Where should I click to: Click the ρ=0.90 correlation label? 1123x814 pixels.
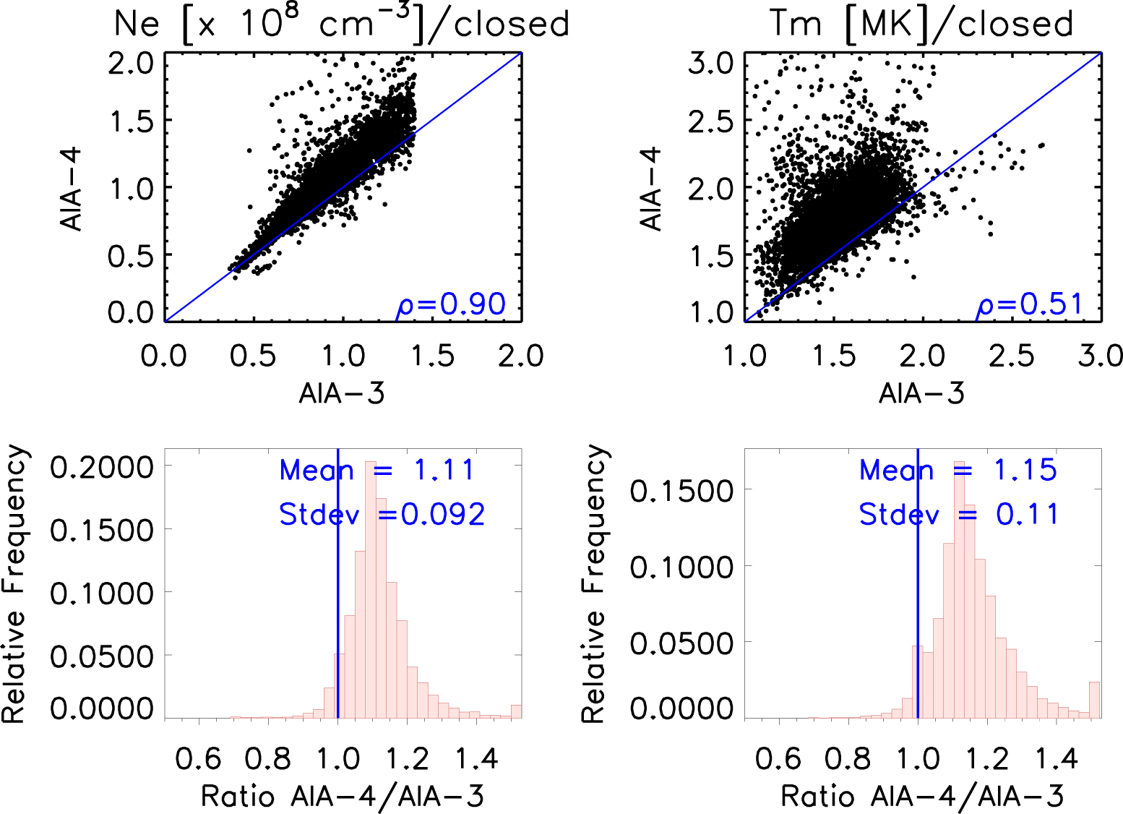[452, 305]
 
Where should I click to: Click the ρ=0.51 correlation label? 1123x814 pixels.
[1031, 305]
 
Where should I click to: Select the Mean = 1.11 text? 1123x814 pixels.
[377, 470]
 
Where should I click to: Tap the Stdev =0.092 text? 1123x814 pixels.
[382, 514]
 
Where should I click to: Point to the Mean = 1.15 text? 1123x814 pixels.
[958, 470]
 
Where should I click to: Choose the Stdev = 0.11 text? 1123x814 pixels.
[958, 514]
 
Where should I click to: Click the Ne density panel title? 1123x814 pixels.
[341, 24]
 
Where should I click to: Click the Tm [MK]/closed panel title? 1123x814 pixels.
[921, 24]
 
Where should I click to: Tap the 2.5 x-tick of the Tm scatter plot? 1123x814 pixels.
[1011, 356]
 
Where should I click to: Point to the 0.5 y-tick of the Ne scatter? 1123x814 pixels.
[131, 255]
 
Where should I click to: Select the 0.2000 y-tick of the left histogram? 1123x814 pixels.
[102, 467]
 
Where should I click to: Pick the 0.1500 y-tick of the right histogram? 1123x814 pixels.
[681, 491]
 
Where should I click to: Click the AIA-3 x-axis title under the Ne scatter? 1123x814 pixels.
[342, 393]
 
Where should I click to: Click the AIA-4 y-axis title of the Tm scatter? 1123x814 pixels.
[651, 189]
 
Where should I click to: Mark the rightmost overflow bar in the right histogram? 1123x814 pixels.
[1095, 700]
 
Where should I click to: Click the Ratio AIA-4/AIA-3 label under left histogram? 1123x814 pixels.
[342, 796]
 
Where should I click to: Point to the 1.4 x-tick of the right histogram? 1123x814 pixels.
[1057, 759]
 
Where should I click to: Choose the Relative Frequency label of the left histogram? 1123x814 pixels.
[14, 584]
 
